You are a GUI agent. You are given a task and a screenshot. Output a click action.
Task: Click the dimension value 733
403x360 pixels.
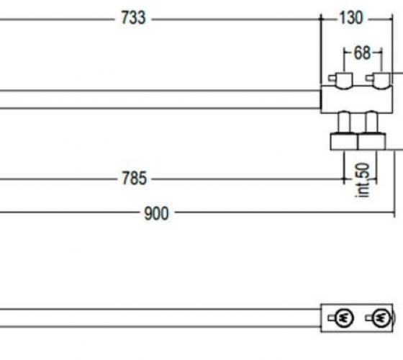pyautogui.click(x=133, y=18)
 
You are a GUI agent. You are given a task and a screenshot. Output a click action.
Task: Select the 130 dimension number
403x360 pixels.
pyautogui.click(x=351, y=18)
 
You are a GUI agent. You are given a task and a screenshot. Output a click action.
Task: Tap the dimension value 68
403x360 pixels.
pyautogui.click(x=363, y=53)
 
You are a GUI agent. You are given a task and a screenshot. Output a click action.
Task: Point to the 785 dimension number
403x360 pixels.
pyautogui.click(x=134, y=179)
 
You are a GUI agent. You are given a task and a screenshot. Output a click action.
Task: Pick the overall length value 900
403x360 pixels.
pyautogui.click(x=156, y=213)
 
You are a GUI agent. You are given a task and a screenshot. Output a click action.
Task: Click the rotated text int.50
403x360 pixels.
pyautogui.click(x=363, y=180)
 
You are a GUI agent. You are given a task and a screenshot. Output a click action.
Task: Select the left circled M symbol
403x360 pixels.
pyautogui.click(x=345, y=318)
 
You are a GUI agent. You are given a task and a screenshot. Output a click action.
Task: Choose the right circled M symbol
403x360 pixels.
pyautogui.click(x=381, y=318)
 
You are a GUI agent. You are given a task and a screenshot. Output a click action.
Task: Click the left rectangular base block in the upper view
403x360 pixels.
pyautogui.click(x=344, y=141)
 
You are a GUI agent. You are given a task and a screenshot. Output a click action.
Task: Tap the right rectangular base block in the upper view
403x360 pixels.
pyautogui.click(x=371, y=141)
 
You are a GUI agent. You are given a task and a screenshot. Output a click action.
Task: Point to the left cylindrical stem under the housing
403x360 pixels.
pyautogui.click(x=344, y=122)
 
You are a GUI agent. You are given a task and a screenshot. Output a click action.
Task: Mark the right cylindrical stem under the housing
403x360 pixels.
pyautogui.click(x=371, y=122)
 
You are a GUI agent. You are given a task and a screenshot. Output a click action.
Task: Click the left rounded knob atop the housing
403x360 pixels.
pyautogui.click(x=344, y=81)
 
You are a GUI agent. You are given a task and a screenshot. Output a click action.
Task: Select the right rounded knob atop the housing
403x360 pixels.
pyautogui.click(x=381, y=81)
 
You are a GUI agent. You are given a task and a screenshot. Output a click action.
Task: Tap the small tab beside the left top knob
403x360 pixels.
pyautogui.click(x=332, y=78)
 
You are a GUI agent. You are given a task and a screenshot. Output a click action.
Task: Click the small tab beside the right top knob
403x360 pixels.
pyautogui.click(x=369, y=78)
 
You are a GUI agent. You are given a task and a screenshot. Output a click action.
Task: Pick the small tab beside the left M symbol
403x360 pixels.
pyautogui.click(x=332, y=318)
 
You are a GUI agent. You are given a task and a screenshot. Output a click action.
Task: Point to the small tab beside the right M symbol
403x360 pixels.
pyautogui.click(x=369, y=318)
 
